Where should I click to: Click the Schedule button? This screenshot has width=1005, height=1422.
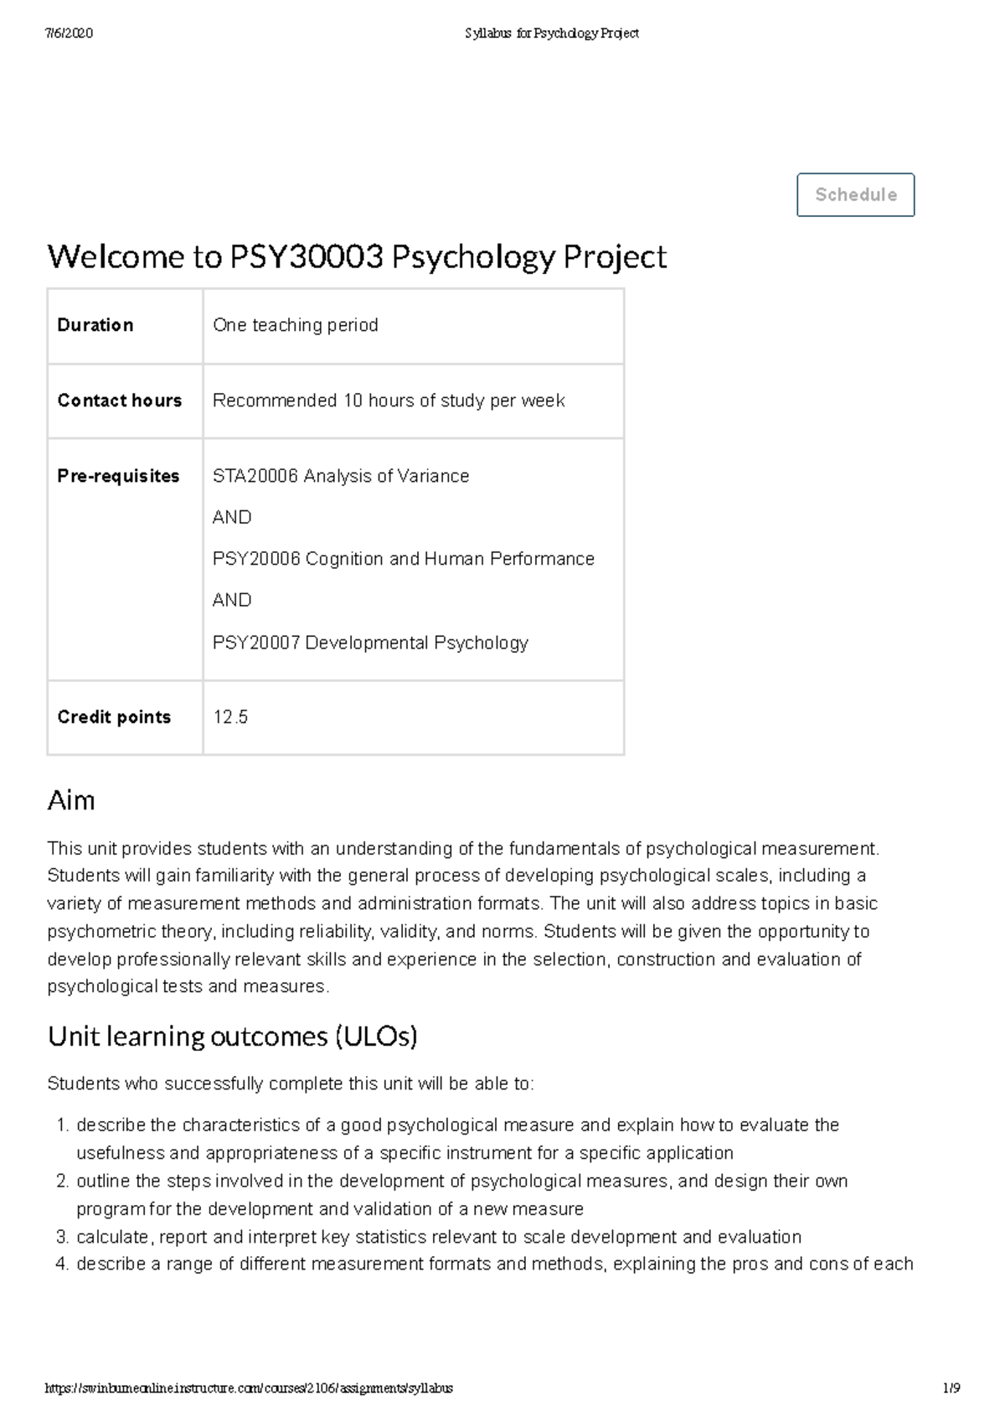click(x=855, y=194)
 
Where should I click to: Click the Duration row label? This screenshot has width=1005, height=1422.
click(x=95, y=325)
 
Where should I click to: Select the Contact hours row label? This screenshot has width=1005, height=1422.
click(x=119, y=401)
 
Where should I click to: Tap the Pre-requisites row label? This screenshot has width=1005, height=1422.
click(x=118, y=476)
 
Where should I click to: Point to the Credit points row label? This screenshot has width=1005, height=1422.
click(x=114, y=717)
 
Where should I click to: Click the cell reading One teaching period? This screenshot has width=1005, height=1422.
click(x=295, y=325)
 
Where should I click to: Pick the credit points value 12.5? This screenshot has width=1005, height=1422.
click(x=230, y=717)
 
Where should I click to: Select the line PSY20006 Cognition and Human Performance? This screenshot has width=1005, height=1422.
click(x=403, y=559)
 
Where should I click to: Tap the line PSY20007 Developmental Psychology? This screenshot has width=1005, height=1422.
click(x=370, y=643)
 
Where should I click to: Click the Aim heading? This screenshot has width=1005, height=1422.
click(x=71, y=800)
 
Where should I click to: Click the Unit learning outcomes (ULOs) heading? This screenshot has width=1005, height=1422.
click(x=232, y=1037)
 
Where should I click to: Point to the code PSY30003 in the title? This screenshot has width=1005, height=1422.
click(x=306, y=257)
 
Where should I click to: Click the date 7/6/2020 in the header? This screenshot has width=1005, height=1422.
click(x=69, y=34)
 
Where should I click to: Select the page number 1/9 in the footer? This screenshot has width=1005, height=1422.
click(x=951, y=1388)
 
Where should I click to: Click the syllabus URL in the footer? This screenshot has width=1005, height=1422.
click(x=249, y=1388)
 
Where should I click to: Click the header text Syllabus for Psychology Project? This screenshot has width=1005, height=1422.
click(x=551, y=34)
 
